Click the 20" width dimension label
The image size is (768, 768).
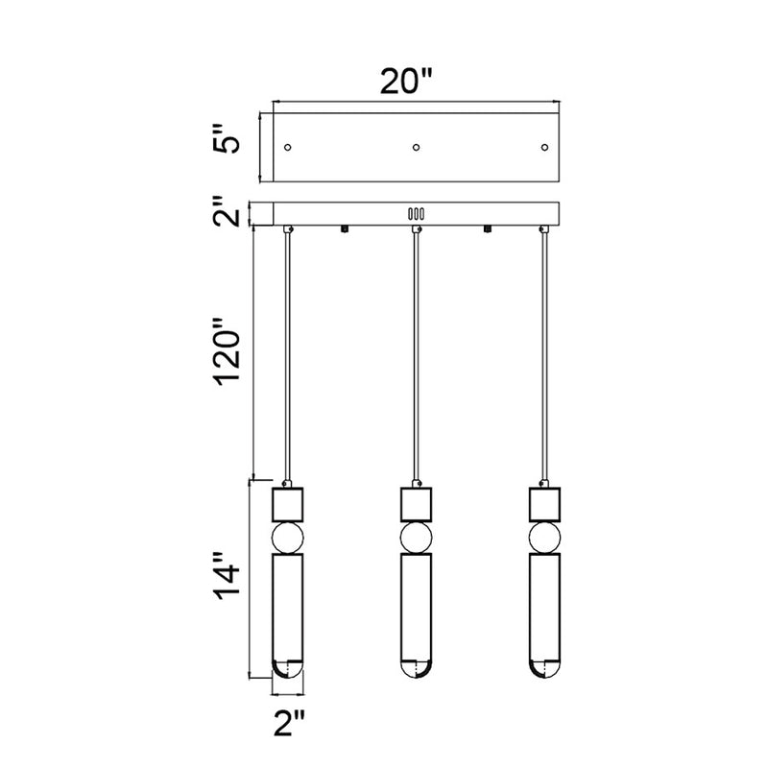click(406, 81)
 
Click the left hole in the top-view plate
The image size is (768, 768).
click(288, 148)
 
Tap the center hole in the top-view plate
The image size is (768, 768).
click(416, 148)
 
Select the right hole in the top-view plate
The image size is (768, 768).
click(544, 148)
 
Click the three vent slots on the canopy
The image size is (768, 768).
click(416, 214)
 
